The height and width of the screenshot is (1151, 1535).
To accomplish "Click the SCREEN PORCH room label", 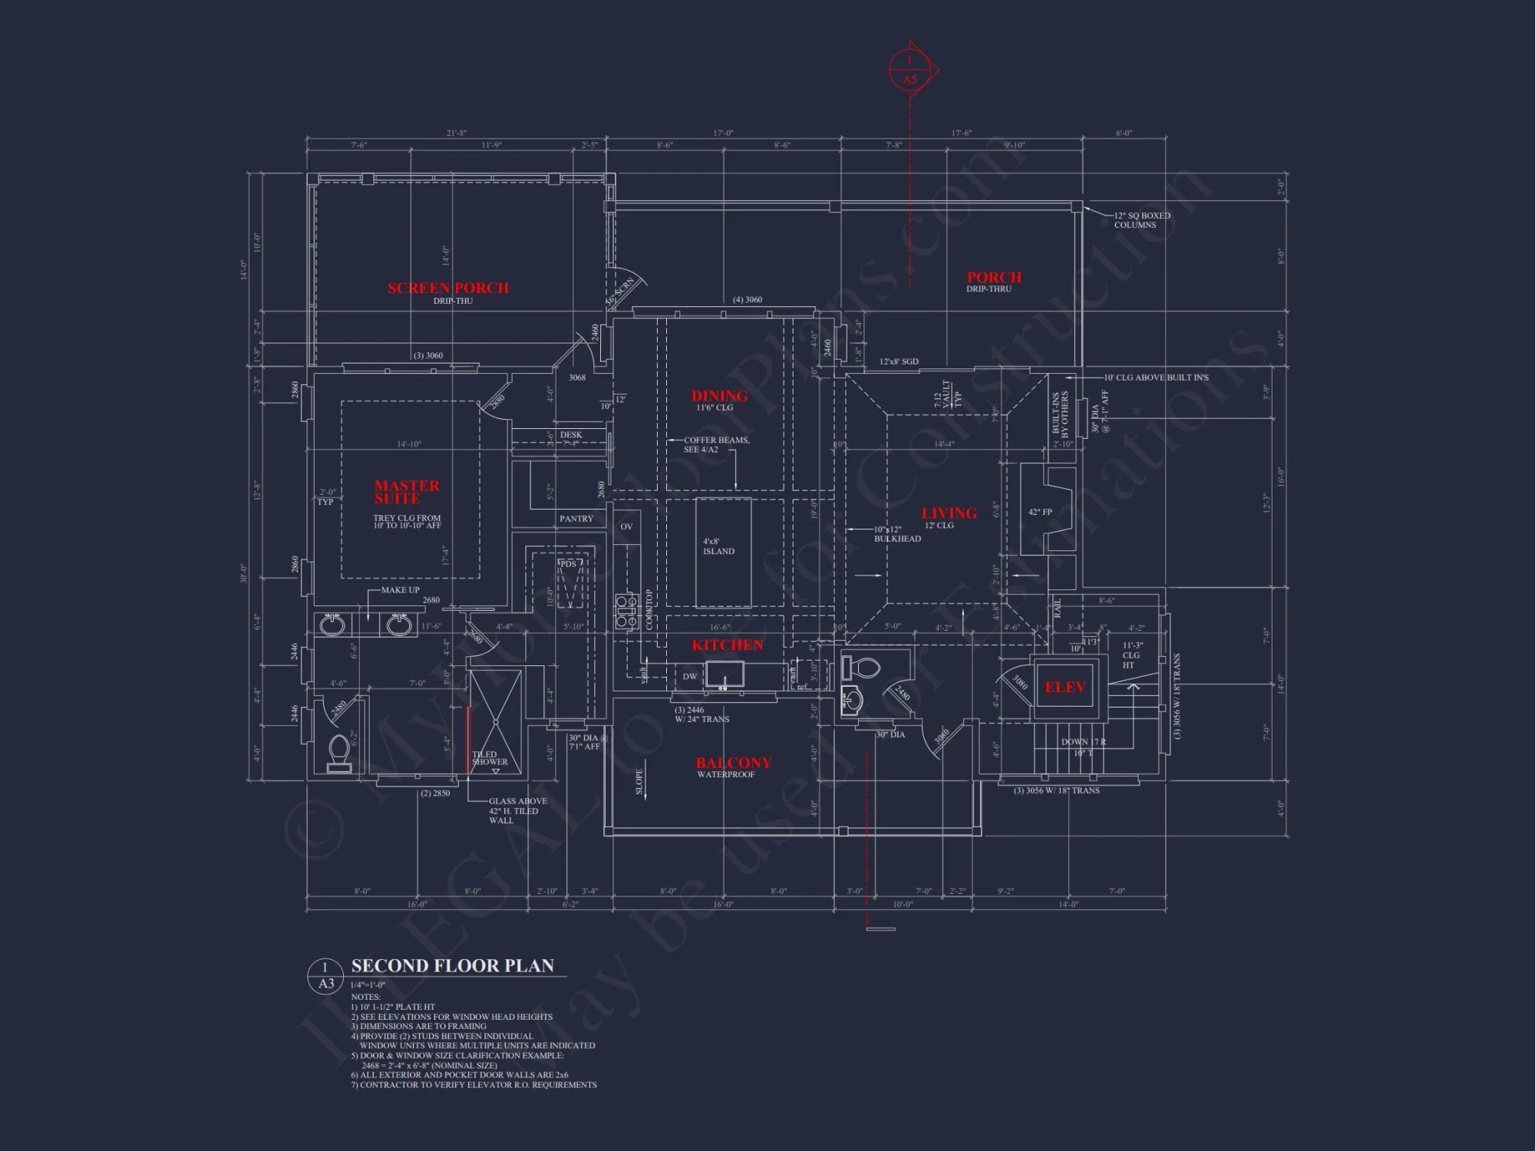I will click(448, 289).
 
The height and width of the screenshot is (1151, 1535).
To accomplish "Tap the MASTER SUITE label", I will click(407, 492).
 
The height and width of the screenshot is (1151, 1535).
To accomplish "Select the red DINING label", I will click(719, 396).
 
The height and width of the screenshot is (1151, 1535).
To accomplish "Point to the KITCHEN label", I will click(727, 645).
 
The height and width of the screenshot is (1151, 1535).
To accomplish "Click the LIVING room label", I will click(949, 513).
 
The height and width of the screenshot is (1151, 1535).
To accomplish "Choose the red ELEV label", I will click(1065, 688).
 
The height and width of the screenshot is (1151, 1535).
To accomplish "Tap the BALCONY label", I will click(734, 763).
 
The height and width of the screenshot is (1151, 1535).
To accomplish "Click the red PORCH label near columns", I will click(994, 277).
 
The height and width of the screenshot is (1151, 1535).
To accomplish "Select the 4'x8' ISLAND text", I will click(719, 546).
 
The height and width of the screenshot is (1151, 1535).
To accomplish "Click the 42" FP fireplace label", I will click(1040, 512).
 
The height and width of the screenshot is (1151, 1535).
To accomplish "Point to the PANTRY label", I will click(576, 519).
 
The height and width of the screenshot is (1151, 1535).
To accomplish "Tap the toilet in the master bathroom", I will click(339, 753).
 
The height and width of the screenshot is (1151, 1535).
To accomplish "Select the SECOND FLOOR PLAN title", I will click(452, 966).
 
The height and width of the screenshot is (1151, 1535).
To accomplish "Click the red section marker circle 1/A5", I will click(909, 70).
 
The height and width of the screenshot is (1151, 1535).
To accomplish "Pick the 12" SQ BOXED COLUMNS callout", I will click(1141, 220).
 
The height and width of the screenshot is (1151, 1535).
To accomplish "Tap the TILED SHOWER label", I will click(490, 758).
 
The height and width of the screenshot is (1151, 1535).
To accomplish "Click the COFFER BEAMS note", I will click(717, 445).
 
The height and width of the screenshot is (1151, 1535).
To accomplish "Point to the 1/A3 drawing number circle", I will click(326, 975).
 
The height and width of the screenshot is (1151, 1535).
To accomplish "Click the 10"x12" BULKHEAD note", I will click(897, 534).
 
